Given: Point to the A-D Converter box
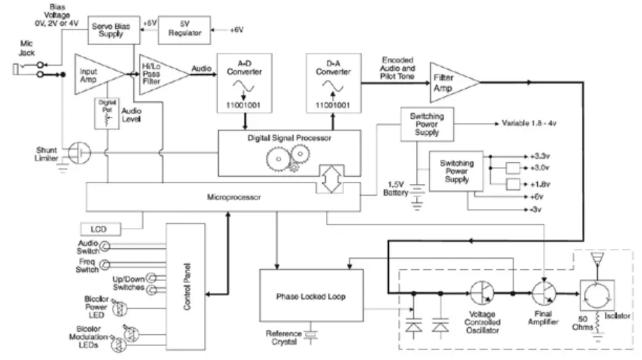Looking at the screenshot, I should click(239, 82).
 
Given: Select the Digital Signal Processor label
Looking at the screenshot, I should click(288, 138).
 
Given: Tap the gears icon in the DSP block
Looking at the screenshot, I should click(284, 161).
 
